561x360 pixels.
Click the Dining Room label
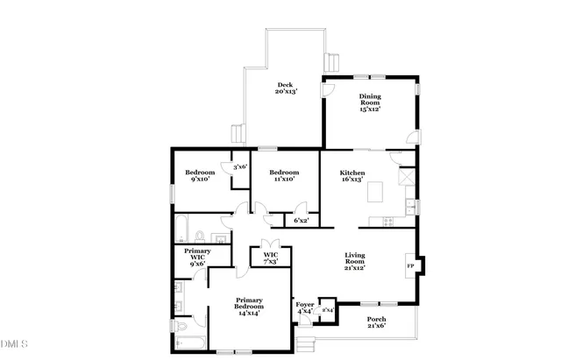point(369,102)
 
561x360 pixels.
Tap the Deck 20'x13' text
point(287,88)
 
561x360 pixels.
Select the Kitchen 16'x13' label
point(353,178)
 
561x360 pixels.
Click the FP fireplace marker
point(408,265)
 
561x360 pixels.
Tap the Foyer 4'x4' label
point(305,307)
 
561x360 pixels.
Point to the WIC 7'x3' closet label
point(270,258)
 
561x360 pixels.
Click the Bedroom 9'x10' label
point(201,176)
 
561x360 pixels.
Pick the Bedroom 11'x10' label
point(284,176)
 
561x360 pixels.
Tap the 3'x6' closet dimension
point(240,166)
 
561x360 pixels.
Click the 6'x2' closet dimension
point(302,221)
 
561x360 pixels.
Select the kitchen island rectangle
point(378,192)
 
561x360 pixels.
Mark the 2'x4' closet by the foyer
point(327,309)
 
